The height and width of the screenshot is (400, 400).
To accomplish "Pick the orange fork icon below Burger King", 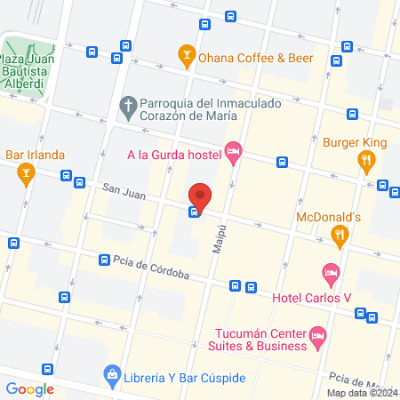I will tap(365, 160).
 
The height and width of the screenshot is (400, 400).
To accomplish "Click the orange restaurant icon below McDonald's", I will tap(339, 235).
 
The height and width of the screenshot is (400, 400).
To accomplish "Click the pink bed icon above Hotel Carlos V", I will tap(330, 272).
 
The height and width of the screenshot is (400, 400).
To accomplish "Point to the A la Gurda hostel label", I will tap(172, 155).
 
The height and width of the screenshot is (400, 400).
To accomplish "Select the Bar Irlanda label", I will tap(36, 155).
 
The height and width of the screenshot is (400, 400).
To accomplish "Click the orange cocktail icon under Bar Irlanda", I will tap(26, 174).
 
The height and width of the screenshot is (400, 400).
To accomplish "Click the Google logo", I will tap(30, 388).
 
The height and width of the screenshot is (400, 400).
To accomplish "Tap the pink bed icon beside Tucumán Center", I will tap(318, 336).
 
